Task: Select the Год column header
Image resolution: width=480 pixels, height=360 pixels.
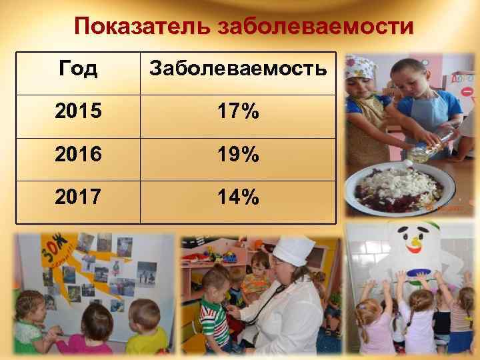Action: click(x=78, y=68)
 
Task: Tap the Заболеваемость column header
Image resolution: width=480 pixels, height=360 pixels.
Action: click(x=238, y=68)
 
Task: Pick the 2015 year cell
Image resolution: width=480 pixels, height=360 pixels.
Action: click(x=78, y=112)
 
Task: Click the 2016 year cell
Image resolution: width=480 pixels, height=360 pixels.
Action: click(x=78, y=156)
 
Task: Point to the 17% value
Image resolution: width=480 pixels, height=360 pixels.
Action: click(x=238, y=112)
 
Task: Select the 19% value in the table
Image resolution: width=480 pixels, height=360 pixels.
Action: click(x=238, y=156)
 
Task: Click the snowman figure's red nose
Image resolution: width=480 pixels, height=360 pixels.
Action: click(x=417, y=252)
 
